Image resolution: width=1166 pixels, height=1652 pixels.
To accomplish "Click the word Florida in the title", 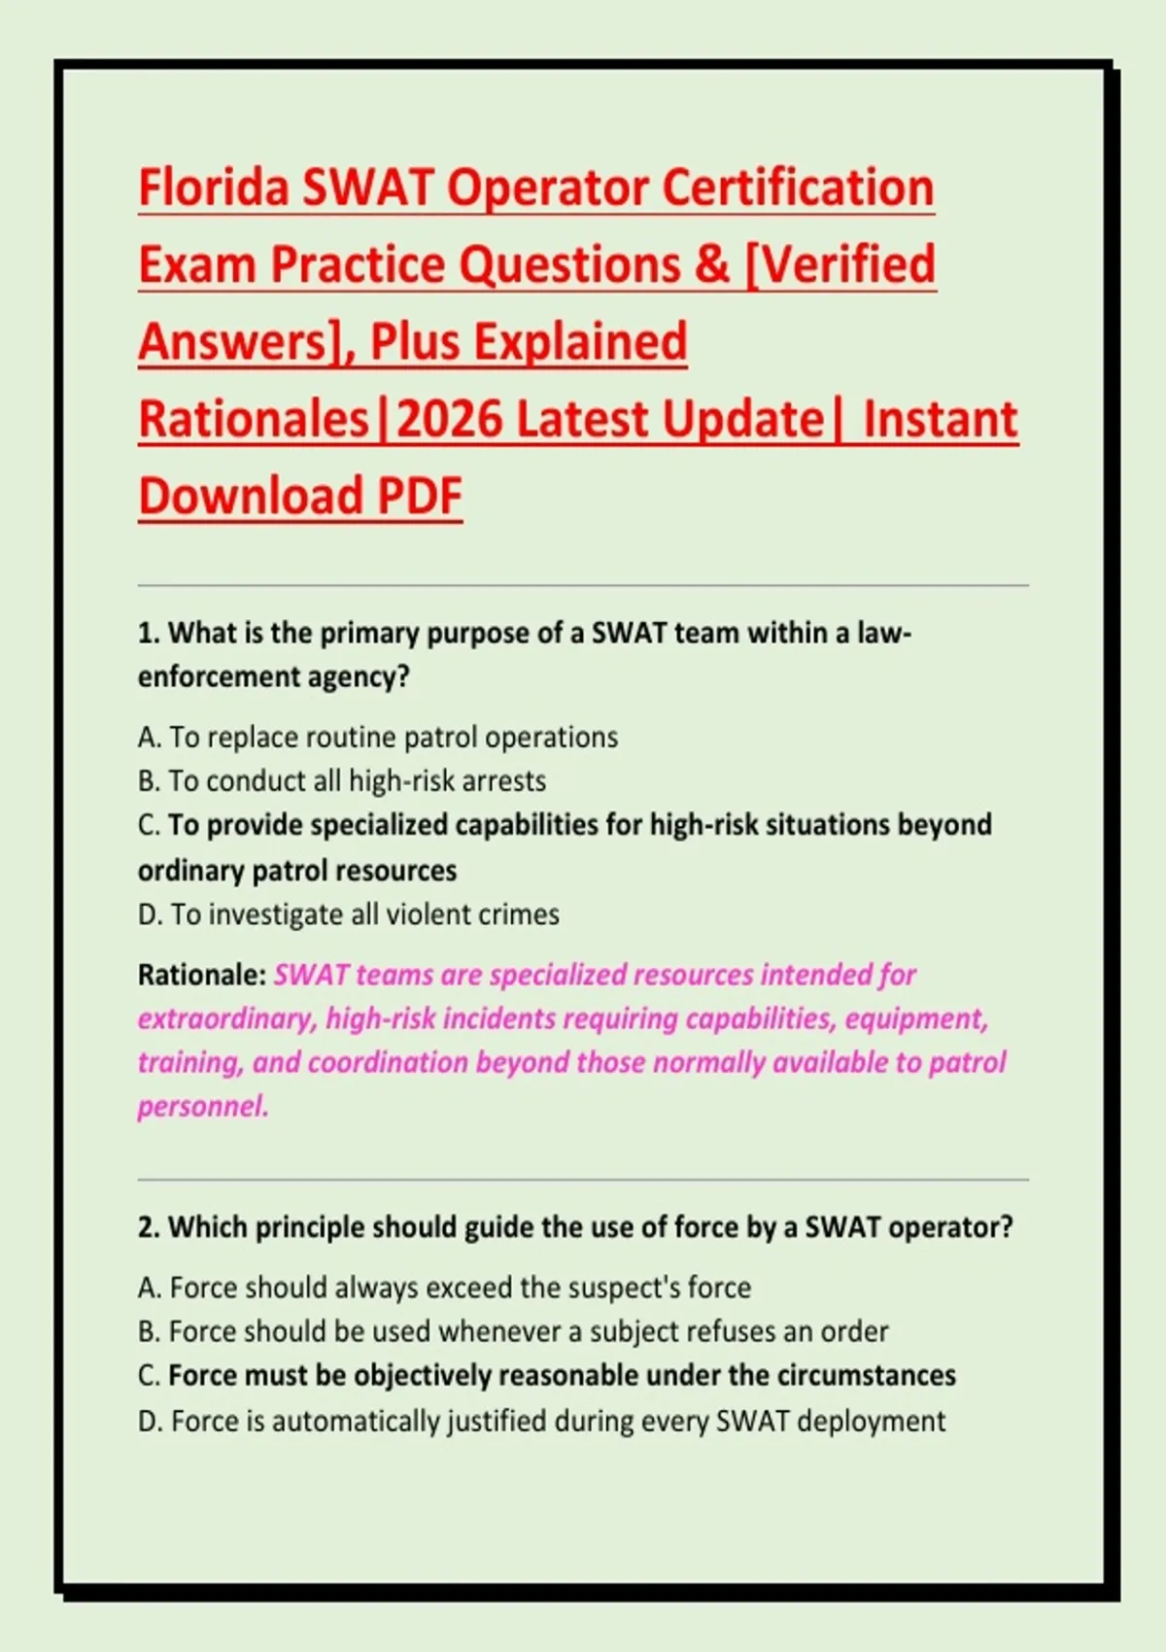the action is [213, 188].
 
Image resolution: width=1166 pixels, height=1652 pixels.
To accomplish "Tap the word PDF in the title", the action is [420, 495].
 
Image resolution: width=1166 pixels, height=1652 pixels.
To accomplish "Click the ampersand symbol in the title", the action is [711, 264].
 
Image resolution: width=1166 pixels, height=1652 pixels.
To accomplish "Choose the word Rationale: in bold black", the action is [202, 975].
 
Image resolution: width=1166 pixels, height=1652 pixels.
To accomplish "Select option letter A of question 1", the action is [150, 737].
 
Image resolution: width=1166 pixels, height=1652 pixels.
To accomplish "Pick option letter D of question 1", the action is [150, 914].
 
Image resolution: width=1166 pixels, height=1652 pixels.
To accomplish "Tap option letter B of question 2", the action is [149, 1331].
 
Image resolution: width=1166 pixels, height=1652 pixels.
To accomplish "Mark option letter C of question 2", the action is [149, 1375].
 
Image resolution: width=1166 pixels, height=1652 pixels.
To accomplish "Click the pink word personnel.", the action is [203, 1107].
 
